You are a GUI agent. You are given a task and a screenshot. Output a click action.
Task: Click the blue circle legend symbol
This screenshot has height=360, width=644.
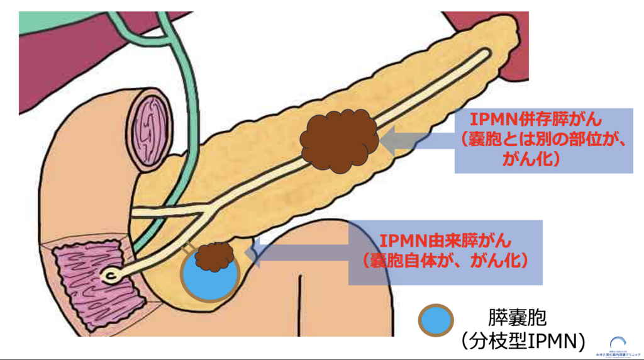tap(436, 319)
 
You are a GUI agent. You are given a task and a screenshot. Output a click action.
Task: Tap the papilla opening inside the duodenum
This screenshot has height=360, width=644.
tap(111, 276)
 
